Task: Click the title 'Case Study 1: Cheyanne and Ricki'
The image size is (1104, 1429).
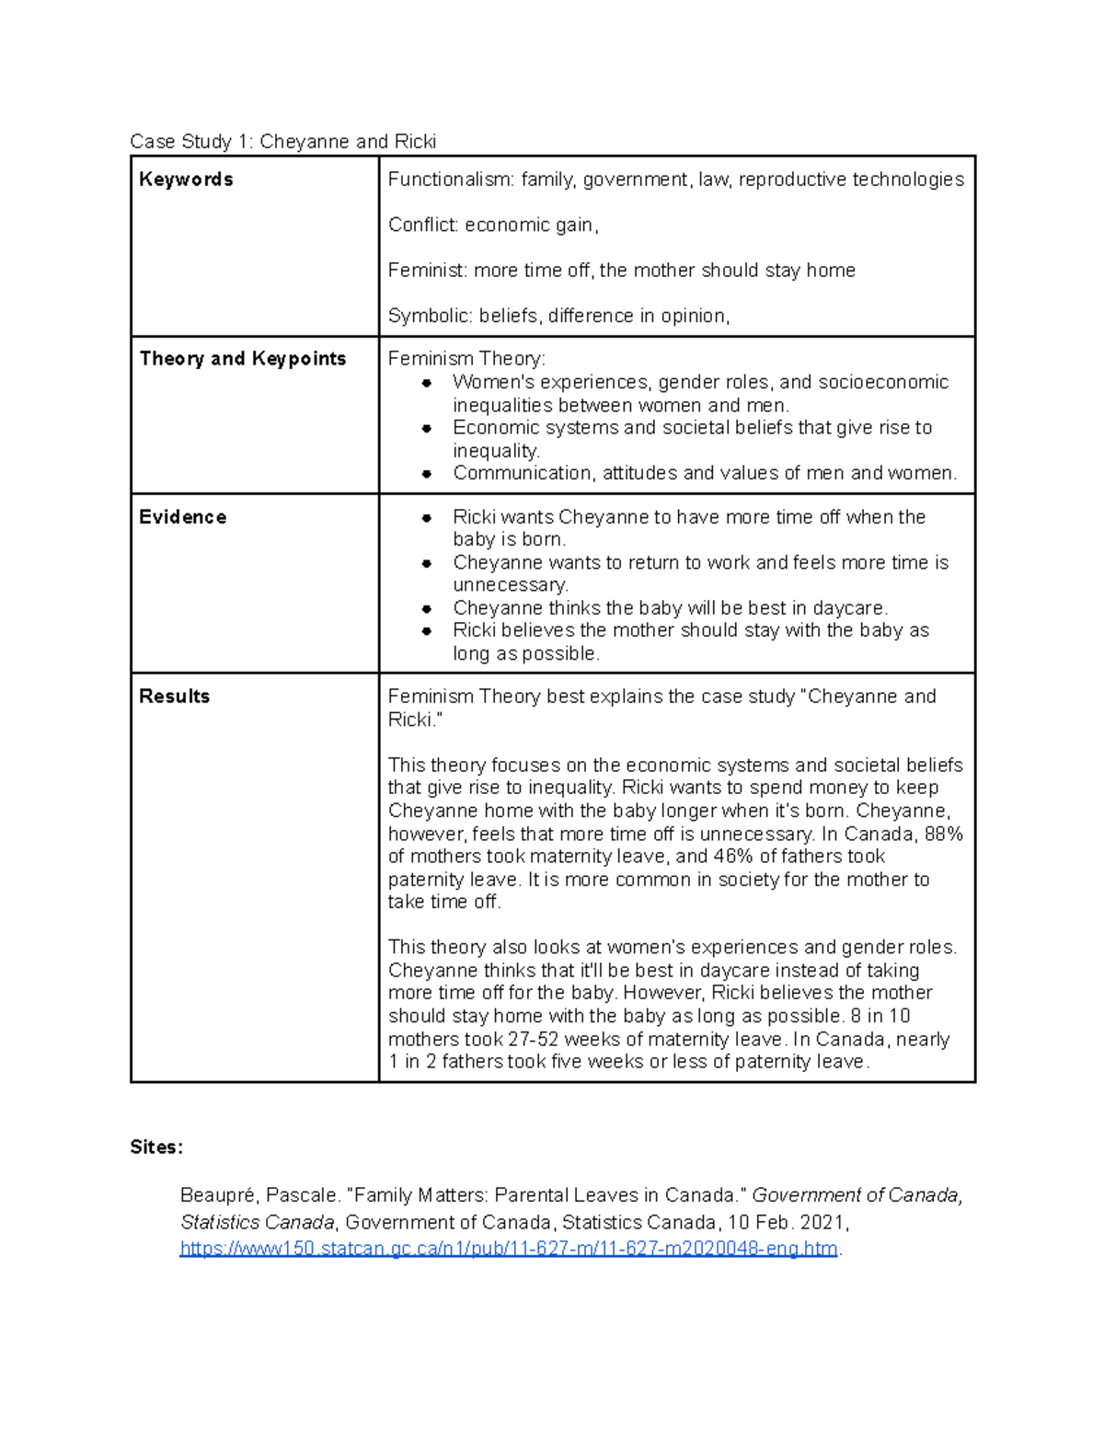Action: (x=282, y=142)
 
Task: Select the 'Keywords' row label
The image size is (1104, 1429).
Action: (x=186, y=179)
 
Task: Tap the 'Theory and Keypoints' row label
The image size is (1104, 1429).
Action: (x=242, y=359)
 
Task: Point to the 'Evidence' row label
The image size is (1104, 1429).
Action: (x=182, y=517)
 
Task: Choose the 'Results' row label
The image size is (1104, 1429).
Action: (x=174, y=697)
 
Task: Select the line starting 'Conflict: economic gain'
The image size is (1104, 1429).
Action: (x=493, y=225)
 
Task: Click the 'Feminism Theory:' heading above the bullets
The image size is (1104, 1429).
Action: (x=466, y=359)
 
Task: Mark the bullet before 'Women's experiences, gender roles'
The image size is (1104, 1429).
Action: (x=427, y=383)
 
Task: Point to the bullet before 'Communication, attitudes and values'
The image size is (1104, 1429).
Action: (x=427, y=474)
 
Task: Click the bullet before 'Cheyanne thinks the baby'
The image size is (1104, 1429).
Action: (x=427, y=608)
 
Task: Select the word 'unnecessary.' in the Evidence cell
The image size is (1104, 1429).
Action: (x=511, y=585)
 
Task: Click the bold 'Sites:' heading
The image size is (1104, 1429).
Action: (x=156, y=1147)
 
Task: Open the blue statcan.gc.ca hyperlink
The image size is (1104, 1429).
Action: (x=509, y=1249)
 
